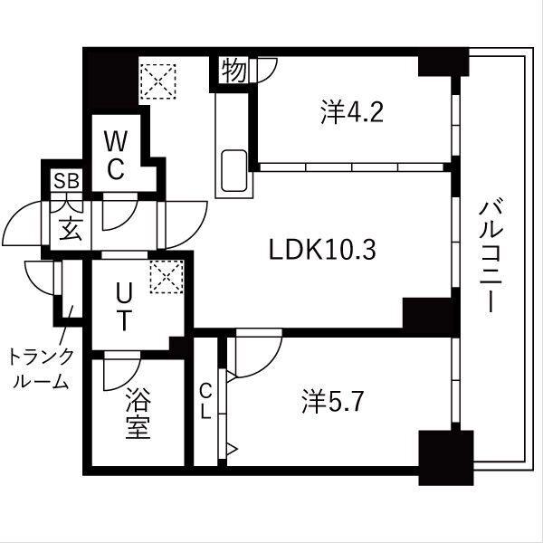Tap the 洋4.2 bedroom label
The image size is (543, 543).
[x=353, y=112]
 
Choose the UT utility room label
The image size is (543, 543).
[x=126, y=305]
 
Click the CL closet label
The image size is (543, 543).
[x=205, y=400]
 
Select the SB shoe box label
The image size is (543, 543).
[x=65, y=181]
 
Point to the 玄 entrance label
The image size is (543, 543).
[x=70, y=228]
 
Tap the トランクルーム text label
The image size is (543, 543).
[x=41, y=367]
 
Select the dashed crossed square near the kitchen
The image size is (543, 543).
[x=161, y=80]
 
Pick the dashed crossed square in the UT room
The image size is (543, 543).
[x=167, y=276]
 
